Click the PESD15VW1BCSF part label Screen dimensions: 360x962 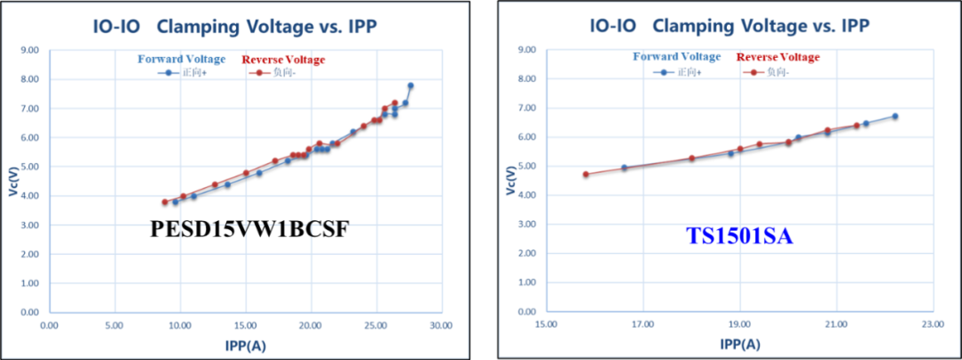pos(249,230)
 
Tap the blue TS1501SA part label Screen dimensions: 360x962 pos(738,236)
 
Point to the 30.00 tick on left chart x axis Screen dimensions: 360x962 pos(441,325)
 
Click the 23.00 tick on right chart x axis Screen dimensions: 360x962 pos(933,325)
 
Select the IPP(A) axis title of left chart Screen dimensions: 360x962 pos(243,343)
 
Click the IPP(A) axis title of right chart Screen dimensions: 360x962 pos(739,343)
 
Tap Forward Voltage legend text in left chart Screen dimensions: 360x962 pos(181,60)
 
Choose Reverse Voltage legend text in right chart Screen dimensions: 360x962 pos(778,57)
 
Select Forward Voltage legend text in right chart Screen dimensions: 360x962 pos(677,57)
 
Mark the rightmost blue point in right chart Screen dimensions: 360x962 pos(895,116)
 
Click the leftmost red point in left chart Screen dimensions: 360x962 pos(165,201)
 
